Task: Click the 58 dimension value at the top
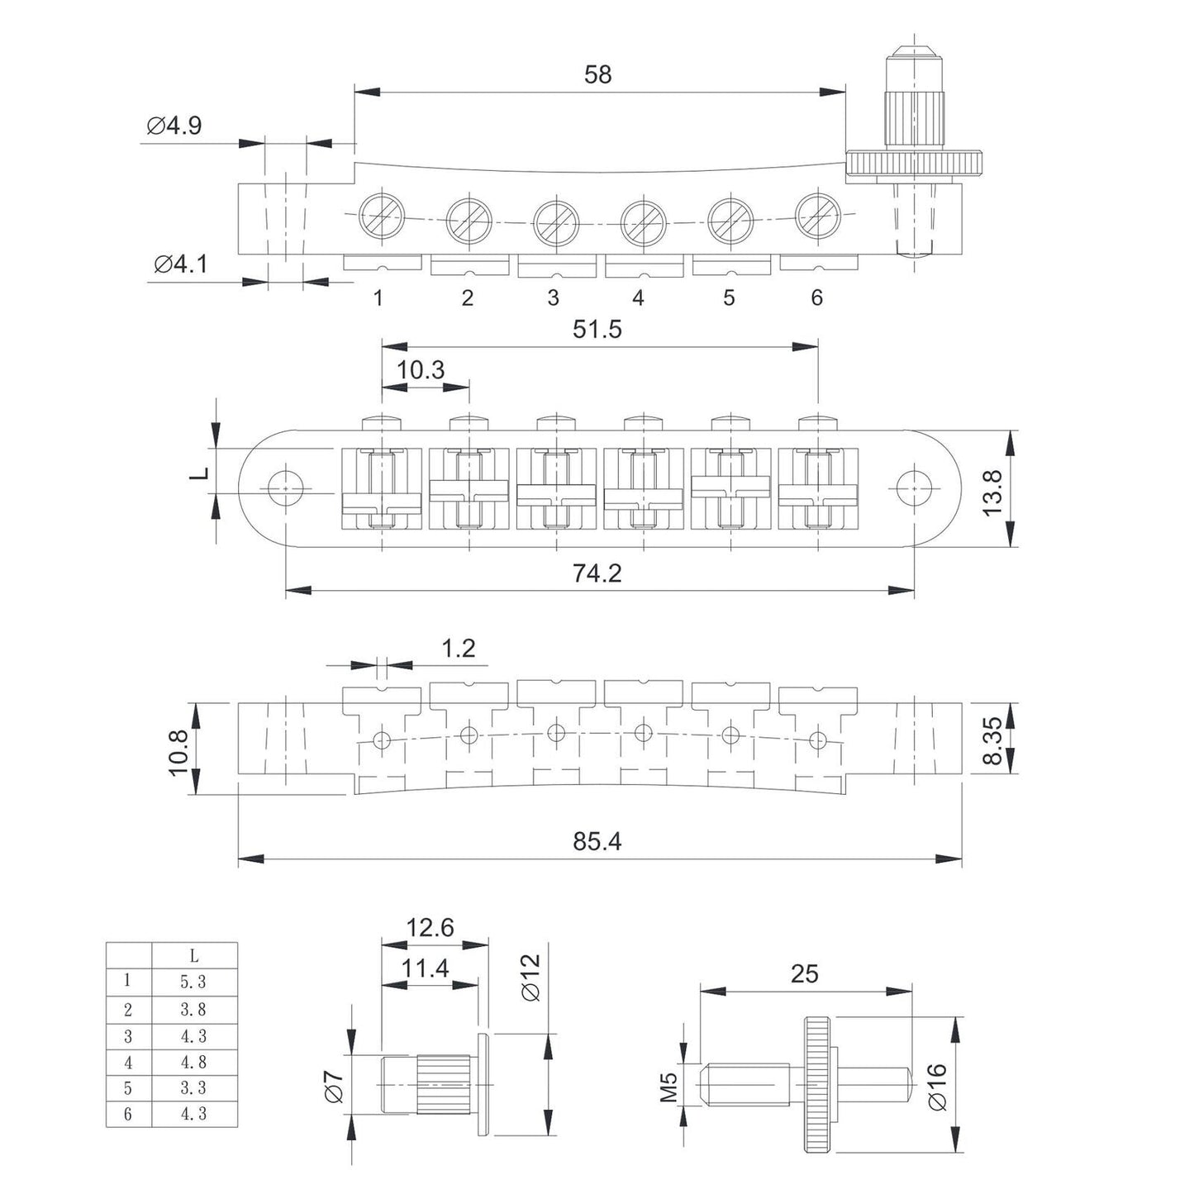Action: (597, 74)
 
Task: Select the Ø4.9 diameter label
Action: (174, 126)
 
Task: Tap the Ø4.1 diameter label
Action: (180, 264)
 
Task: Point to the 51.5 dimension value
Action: (597, 329)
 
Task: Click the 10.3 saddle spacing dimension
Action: (421, 369)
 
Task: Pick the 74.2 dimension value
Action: (597, 573)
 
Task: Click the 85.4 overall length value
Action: (597, 841)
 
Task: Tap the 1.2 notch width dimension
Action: (458, 648)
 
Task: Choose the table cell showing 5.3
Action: (193, 982)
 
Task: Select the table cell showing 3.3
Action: (193, 1087)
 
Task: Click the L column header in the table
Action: (193, 956)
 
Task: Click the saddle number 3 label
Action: (553, 297)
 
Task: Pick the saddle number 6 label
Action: (816, 297)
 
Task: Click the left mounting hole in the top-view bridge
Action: (286, 488)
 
